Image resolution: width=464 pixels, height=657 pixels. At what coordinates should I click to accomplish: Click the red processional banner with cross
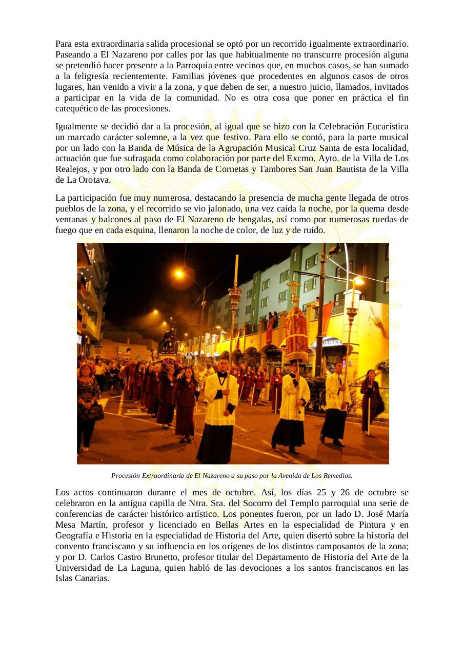[296, 328]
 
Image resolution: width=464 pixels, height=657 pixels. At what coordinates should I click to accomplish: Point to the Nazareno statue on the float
[165, 341]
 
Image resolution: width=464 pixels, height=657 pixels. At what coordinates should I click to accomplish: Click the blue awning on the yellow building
[332, 341]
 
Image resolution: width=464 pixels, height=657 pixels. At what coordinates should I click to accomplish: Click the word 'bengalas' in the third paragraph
[248, 220]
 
